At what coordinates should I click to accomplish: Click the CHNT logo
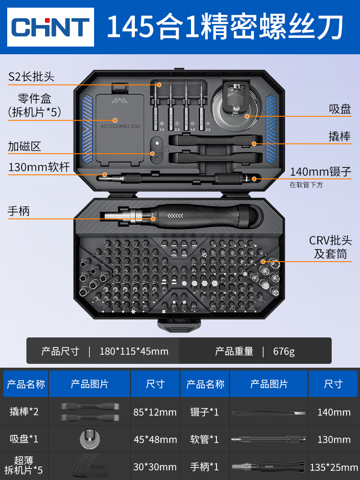click(x=51, y=27)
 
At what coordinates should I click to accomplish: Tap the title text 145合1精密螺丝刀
click(x=225, y=28)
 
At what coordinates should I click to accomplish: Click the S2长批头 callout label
click(x=32, y=77)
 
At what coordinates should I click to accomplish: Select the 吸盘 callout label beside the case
click(x=340, y=109)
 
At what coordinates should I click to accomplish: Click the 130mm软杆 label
click(x=39, y=167)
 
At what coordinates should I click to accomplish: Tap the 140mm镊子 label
click(x=321, y=171)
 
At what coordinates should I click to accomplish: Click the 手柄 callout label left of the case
click(x=19, y=211)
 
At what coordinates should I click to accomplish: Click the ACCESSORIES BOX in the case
click(x=120, y=127)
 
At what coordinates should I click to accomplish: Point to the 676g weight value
click(x=284, y=351)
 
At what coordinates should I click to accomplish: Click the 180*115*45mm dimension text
click(x=134, y=351)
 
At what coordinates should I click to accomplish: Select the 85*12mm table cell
click(x=155, y=412)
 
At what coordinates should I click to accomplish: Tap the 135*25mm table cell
click(x=334, y=467)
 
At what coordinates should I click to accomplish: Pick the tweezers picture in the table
click(x=269, y=412)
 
